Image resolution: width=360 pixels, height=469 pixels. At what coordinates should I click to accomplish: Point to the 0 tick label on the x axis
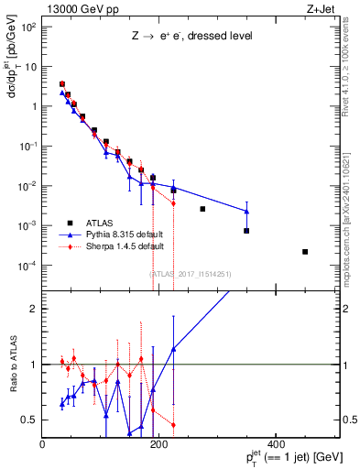[x=42, y=443]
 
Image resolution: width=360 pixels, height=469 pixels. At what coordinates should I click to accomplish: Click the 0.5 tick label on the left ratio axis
[x=29, y=420]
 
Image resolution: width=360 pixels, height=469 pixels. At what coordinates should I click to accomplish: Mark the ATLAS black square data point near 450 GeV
[x=305, y=252]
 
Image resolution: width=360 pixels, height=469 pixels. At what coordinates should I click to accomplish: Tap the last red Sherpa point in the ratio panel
[x=173, y=424]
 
